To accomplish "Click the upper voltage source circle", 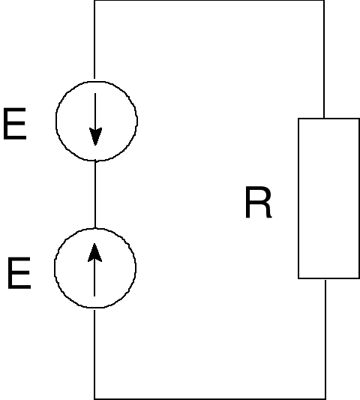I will tap(96, 119).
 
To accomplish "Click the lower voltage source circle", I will tap(95, 267).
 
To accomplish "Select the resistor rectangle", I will tap(328, 198).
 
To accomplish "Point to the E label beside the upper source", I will tap(15, 125).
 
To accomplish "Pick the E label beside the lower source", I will tap(19, 275).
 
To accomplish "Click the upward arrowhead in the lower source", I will tap(95, 254).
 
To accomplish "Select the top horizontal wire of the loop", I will tap(210, 1).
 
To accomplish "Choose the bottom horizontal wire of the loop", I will tap(210, 398).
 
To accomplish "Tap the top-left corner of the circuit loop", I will tap(94, 1).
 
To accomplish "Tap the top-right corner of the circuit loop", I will tap(324, 1).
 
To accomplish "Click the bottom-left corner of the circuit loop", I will tap(94, 398).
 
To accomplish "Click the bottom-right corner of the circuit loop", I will tap(325, 398).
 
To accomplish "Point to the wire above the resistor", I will tap(324, 60).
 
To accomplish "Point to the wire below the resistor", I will tap(325, 338).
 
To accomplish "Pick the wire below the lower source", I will tap(94, 353).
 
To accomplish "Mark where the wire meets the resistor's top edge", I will tap(324, 119).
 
